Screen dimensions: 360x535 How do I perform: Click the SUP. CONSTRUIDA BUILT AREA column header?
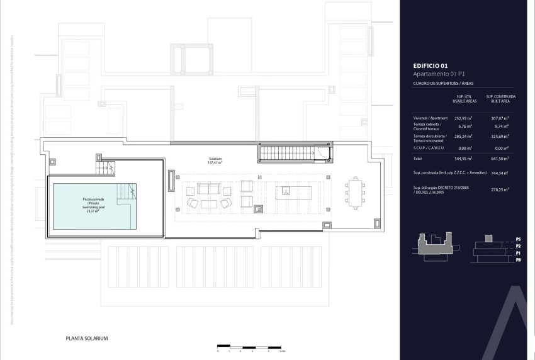click(500, 99)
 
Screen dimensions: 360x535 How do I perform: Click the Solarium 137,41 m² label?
click(216, 160)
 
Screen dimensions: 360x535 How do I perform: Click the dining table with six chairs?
click(354, 191)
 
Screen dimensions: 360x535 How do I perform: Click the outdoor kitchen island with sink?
click(287, 191)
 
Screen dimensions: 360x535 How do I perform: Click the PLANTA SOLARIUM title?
click(87, 339)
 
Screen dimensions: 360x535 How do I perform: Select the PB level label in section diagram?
click(518, 259)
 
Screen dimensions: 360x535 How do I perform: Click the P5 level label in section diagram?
click(518, 240)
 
